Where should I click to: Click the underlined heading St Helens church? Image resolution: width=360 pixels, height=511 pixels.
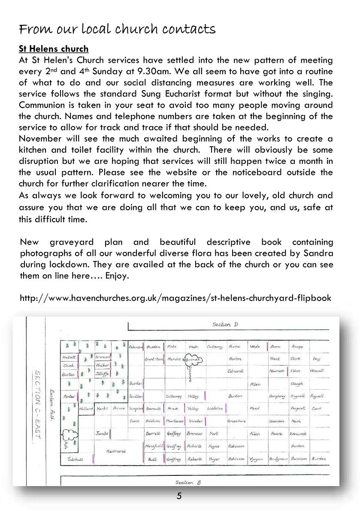(54, 48)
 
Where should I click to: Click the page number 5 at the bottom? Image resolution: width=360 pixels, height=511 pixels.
(179, 496)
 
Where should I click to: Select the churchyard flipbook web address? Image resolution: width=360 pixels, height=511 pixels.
(175, 298)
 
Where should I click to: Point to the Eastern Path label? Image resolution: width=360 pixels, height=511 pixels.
(52, 398)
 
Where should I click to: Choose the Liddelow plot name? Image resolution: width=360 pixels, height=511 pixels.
(215, 409)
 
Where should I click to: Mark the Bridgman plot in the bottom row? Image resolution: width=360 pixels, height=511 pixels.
(278, 459)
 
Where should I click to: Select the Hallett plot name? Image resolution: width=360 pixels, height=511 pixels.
(69, 357)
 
